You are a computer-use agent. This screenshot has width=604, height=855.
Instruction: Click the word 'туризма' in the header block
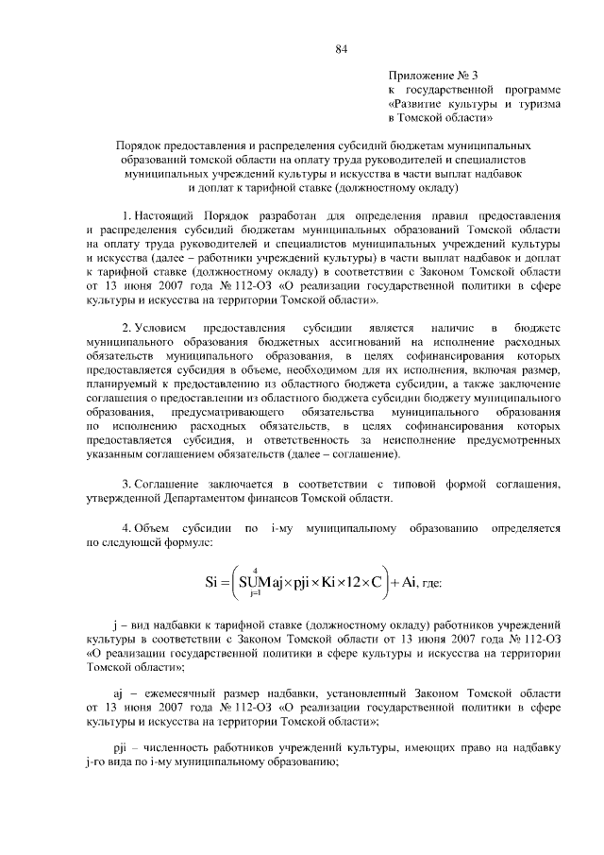tap(537, 104)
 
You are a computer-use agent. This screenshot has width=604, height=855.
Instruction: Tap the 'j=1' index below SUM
tap(255, 596)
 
